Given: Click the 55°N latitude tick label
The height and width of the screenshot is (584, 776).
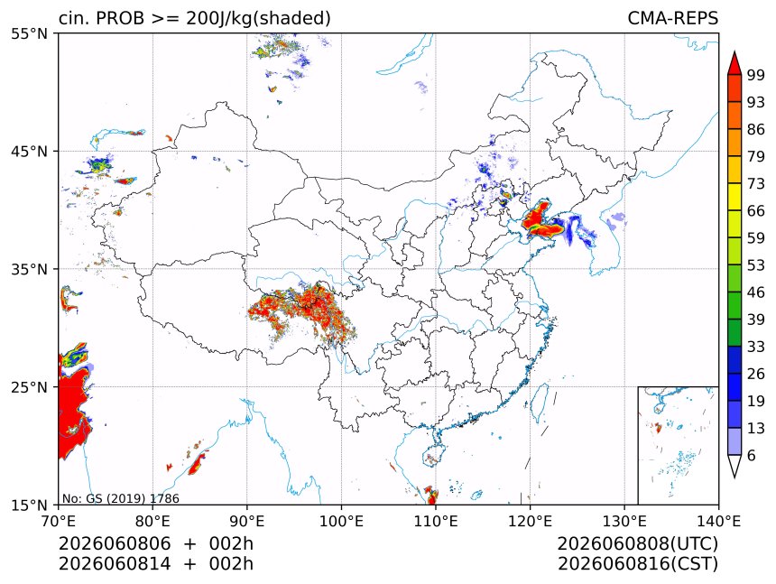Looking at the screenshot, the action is click(x=29, y=33).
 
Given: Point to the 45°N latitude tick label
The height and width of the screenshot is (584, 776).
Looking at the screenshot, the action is click(x=29, y=151).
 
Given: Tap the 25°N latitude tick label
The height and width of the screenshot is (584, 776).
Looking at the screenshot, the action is click(x=29, y=386).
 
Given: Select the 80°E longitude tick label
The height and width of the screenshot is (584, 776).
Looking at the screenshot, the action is click(x=152, y=521).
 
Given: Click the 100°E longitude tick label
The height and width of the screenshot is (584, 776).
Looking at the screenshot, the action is click(x=341, y=521).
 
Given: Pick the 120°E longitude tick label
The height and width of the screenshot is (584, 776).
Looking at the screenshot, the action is click(x=530, y=521).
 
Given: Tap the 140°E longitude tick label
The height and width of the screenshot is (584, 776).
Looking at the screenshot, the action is click(x=718, y=521).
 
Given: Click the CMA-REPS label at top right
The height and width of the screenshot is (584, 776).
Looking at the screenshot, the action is click(x=672, y=18).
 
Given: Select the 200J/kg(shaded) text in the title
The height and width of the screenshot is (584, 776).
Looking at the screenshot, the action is click(x=258, y=19).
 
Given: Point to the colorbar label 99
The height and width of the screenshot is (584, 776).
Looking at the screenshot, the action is click(x=756, y=75).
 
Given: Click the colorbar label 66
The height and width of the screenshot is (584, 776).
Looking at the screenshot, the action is click(x=756, y=211).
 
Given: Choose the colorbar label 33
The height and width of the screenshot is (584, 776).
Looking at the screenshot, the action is click(x=756, y=347).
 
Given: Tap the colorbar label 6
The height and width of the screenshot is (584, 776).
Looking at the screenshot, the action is click(x=752, y=455).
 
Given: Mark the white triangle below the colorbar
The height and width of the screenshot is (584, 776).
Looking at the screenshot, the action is click(x=734, y=464).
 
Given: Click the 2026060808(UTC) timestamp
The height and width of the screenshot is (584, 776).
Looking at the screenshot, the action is click(x=637, y=543).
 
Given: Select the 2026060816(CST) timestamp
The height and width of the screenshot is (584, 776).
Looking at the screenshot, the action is click(x=637, y=564).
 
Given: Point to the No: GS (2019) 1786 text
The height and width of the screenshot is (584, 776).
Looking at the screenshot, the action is click(x=121, y=498).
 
